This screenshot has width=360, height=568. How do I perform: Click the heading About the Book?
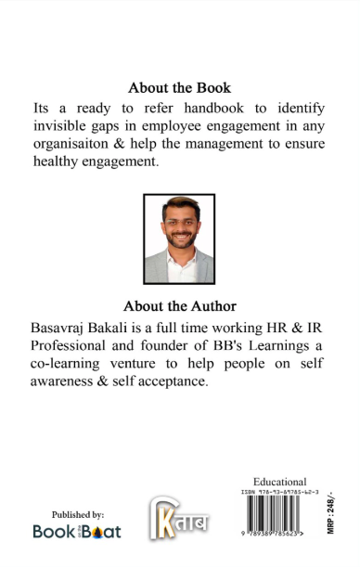click(179, 88)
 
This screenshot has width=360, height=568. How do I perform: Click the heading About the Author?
click(179, 305)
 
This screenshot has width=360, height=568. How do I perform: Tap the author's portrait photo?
click(179, 239)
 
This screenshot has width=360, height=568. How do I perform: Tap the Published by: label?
click(78, 514)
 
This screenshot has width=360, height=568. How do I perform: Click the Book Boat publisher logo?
click(77, 531)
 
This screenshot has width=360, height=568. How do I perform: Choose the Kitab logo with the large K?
click(179, 517)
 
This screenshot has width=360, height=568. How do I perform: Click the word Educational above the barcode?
click(279, 482)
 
